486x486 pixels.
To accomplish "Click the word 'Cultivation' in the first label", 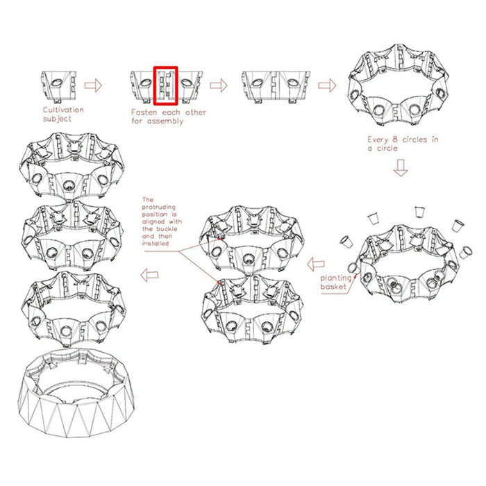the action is pyautogui.click(x=63, y=110).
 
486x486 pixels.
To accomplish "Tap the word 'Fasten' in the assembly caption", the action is pyautogui.click(x=144, y=112).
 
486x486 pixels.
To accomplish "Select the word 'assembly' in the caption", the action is pyautogui.click(x=165, y=121).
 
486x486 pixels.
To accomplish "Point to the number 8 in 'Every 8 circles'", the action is pyautogui.click(x=394, y=140).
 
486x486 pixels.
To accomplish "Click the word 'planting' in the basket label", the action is pyautogui.click(x=335, y=278).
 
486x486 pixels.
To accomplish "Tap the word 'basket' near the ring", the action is pyautogui.click(x=333, y=286).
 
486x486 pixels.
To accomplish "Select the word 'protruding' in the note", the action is pyautogui.click(x=159, y=208).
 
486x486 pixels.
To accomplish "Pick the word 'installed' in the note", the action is pyautogui.click(x=156, y=244).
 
